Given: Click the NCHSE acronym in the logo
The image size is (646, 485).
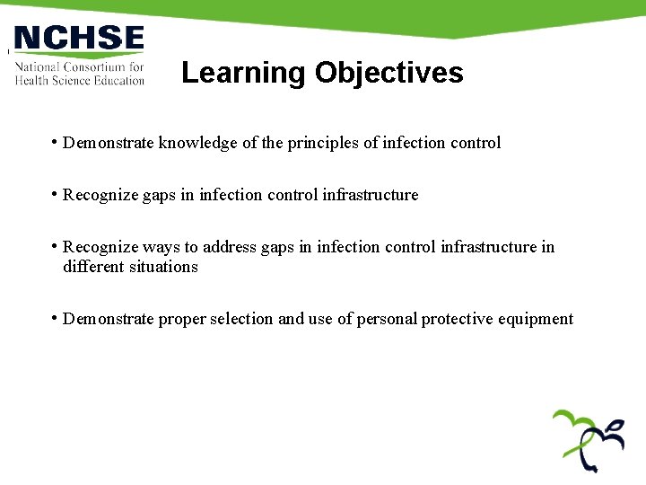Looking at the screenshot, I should click(79, 39).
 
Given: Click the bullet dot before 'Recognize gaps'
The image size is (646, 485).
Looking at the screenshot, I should click(56, 194).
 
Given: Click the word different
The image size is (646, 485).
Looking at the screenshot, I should click(93, 267).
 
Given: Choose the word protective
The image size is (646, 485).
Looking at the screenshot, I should click(458, 319).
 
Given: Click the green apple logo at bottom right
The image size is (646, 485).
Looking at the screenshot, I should click(588, 440).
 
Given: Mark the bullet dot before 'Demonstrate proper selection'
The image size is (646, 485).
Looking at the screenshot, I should click(56, 318).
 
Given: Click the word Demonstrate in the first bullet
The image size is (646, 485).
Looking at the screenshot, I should click(109, 143).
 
